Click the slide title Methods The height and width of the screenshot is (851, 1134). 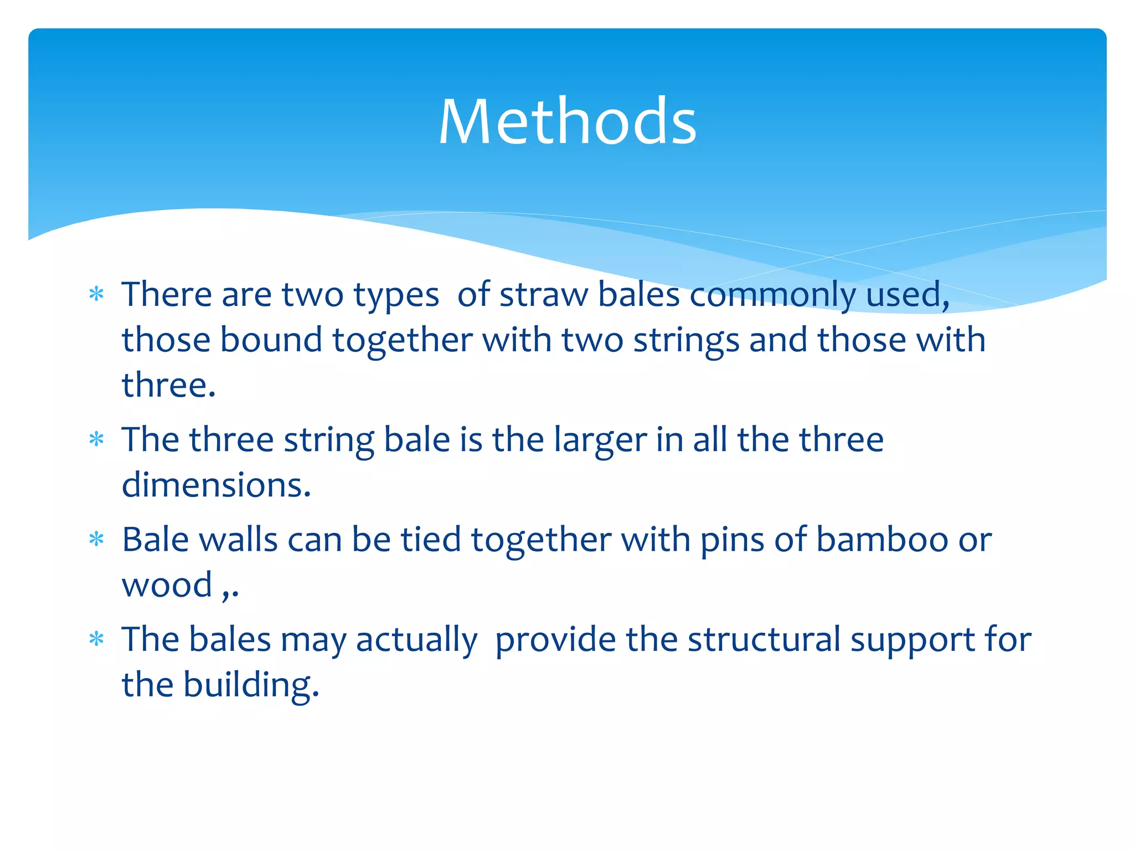[567, 121]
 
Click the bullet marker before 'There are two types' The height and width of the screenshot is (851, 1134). [96, 294]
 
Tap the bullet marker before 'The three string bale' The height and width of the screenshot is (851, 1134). [96, 439]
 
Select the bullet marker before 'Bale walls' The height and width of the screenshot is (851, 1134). [96, 539]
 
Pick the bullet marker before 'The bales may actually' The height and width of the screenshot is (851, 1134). [96, 639]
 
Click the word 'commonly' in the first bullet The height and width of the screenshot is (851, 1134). [772, 295]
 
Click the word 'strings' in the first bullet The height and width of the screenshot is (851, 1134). [686, 340]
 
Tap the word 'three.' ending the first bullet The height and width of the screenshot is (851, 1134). [168, 385]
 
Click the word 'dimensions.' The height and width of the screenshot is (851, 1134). [216, 485]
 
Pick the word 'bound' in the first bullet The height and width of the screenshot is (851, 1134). [271, 340]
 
